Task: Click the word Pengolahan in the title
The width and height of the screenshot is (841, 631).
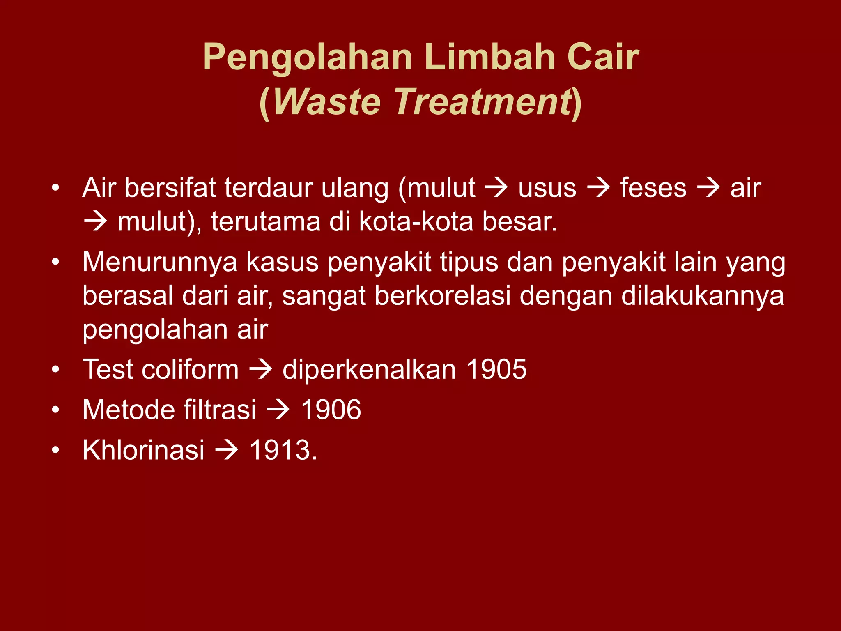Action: (307, 58)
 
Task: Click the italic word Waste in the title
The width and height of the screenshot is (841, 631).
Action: (327, 102)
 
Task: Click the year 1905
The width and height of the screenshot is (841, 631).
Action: (496, 369)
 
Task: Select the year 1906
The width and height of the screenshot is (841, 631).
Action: (331, 410)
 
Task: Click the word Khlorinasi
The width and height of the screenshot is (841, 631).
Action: (143, 450)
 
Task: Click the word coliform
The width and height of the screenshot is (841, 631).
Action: (190, 369)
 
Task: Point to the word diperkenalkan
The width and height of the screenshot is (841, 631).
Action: (369, 369)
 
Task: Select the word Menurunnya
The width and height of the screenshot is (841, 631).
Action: (160, 262)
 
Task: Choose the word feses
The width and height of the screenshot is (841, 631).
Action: (653, 188)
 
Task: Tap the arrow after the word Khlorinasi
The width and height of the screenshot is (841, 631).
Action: (227, 450)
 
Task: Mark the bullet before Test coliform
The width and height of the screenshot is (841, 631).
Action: (56, 369)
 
